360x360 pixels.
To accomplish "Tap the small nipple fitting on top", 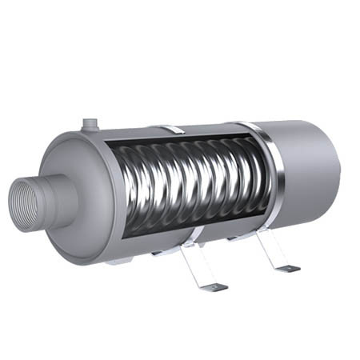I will [x=90, y=124].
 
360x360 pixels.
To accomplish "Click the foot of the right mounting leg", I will [x=286, y=269].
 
